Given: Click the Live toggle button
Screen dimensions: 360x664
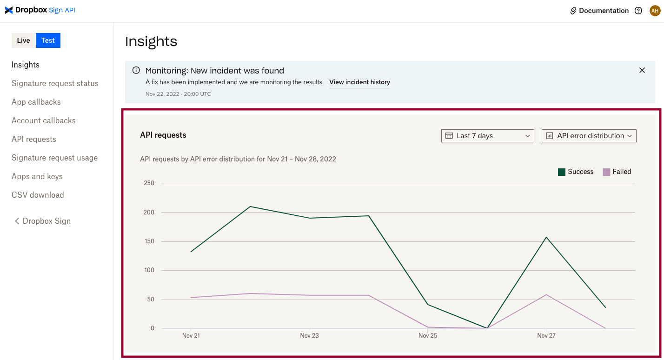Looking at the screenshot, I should [x=23, y=40].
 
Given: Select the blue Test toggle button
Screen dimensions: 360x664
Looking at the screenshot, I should [x=48, y=40].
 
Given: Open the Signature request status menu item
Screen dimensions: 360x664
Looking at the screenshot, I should [x=55, y=83].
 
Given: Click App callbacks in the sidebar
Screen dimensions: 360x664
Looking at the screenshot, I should [x=36, y=102].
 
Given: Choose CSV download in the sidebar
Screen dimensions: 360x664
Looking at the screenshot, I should [x=38, y=195].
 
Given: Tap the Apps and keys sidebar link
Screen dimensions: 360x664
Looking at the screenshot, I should [x=37, y=176].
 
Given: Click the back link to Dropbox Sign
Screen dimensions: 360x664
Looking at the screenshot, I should [x=42, y=221].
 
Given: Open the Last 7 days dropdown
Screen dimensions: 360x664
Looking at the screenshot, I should [x=487, y=136].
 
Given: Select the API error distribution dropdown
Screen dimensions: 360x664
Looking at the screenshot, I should [x=589, y=136].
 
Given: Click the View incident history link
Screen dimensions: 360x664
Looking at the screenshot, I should [x=359, y=82].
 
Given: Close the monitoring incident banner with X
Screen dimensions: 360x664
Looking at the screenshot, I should [x=642, y=70].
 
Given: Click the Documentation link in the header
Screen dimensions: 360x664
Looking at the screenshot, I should [x=599, y=11].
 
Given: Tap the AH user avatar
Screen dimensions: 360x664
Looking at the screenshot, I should [x=655, y=11].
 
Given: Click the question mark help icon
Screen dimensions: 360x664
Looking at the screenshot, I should [x=638, y=11].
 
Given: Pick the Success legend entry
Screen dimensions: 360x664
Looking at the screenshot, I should [x=576, y=172].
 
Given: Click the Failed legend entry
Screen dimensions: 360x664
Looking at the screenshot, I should [x=617, y=172].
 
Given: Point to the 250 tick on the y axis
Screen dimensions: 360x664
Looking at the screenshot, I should [x=149, y=183].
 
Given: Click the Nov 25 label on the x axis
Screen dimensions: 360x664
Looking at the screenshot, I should [x=428, y=335].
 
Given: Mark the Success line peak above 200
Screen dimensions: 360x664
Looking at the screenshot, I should [x=250, y=207].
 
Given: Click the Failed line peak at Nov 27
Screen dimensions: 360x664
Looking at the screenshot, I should [x=546, y=294].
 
